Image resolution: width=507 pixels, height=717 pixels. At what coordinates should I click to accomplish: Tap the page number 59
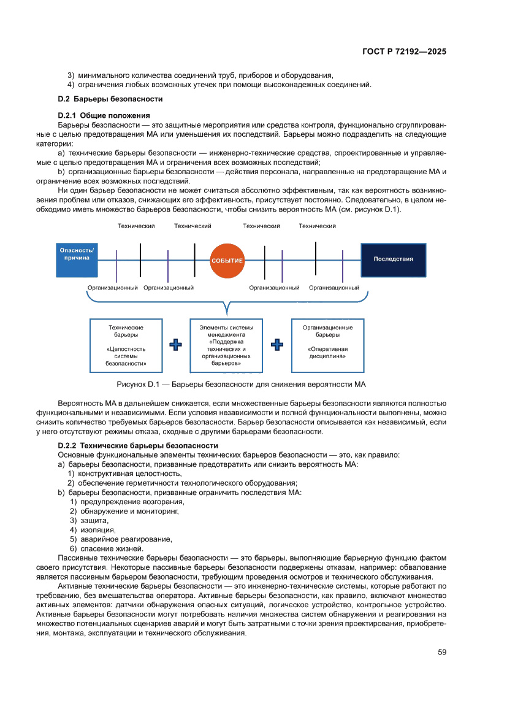coord(441,652)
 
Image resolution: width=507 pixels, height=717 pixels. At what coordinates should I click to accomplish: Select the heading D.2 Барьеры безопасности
coord(110,99)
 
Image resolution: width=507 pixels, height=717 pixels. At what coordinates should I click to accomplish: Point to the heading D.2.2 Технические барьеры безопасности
coord(138,445)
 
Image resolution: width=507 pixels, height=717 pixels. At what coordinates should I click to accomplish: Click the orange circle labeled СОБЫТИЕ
coord(227,260)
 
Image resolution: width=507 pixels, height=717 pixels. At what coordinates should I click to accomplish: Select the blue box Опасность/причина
coord(77,254)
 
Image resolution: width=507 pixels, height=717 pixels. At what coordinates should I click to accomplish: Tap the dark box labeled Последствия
coord(393,259)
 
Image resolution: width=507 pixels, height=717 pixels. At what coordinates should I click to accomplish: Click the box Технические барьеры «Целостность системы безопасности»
coord(126,345)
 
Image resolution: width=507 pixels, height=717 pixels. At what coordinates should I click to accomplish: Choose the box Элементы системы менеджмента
coord(226,345)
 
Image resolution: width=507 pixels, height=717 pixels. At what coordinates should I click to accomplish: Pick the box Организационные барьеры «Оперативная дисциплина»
coord(327,345)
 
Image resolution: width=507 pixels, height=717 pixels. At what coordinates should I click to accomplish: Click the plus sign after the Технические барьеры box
coord(176,345)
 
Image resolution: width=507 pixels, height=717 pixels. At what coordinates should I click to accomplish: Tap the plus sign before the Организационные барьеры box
coord(277,345)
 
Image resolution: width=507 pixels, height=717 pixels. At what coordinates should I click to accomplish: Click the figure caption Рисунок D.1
coord(240,385)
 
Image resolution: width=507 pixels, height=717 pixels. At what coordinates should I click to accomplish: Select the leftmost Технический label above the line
coord(136,226)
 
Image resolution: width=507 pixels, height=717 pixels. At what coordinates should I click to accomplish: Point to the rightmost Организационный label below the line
coord(334,288)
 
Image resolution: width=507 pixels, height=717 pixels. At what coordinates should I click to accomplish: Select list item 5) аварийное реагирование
coord(121,539)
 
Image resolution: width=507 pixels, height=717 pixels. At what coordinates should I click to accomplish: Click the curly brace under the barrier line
coord(228,304)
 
